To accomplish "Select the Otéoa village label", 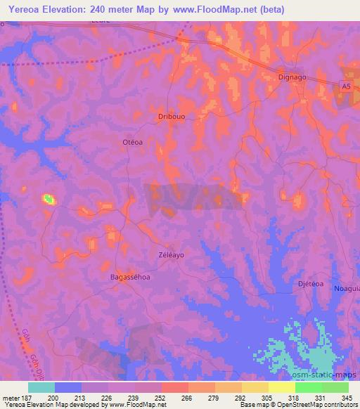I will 133,142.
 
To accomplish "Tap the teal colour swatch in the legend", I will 41,387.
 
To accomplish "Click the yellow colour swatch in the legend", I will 281,387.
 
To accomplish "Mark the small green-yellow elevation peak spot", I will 48,200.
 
